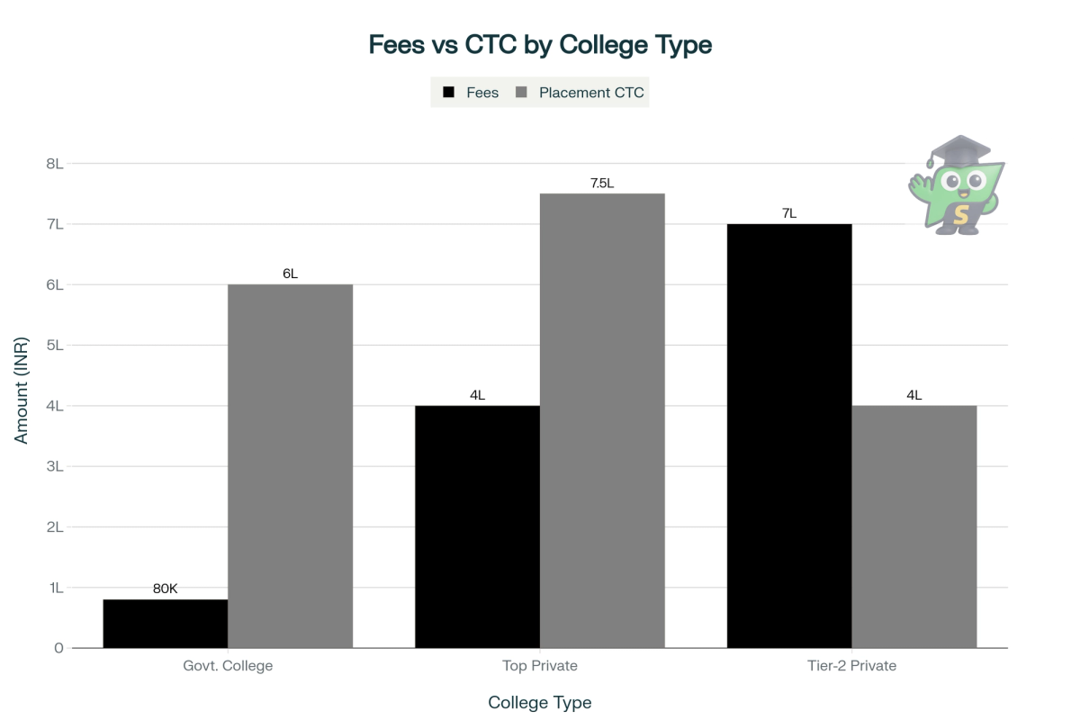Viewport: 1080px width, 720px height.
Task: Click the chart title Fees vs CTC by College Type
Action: pyautogui.click(x=540, y=45)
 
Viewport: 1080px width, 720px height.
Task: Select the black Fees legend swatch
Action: pyautogui.click(x=448, y=93)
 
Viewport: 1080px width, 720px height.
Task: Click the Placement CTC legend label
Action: pyautogui.click(x=591, y=93)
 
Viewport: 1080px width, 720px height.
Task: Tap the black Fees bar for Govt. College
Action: pyautogui.click(x=166, y=623)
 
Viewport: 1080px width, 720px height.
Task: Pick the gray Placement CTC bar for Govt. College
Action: pyautogui.click(x=290, y=466)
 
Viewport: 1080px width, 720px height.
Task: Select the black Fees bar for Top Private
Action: pyautogui.click(x=477, y=526)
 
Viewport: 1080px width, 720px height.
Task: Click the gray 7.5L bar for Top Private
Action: pyautogui.click(x=602, y=420)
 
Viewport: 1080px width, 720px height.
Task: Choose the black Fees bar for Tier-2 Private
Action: pyautogui.click(x=789, y=436)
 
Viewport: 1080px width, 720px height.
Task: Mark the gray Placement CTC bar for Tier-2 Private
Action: pyautogui.click(x=913, y=526)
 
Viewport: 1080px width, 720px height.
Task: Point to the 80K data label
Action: pyautogui.click(x=166, y=589)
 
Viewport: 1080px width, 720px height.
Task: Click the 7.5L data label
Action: pyautogui.click(x=602, y=183)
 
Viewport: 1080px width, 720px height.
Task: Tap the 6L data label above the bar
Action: pyautogui.click(x=290, y=274)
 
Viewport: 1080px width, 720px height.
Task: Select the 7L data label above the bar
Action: pyautogui.click(x=789, y=213)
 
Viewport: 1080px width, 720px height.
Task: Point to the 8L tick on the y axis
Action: pyautogui.click(x=54, y=164)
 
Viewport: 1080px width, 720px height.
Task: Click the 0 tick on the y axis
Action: pyautogui.click(x=58, y=648)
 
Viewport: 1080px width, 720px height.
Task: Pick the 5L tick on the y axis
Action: pyautogui.click(x=54, y=345)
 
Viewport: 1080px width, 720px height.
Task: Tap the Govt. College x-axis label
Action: pyautogui.click(x=228, y=666)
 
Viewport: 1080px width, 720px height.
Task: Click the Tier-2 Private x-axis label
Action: pyautogui.click(x=851, y=666)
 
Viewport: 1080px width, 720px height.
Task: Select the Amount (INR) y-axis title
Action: pyautogui.click(x=22, y=390)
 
